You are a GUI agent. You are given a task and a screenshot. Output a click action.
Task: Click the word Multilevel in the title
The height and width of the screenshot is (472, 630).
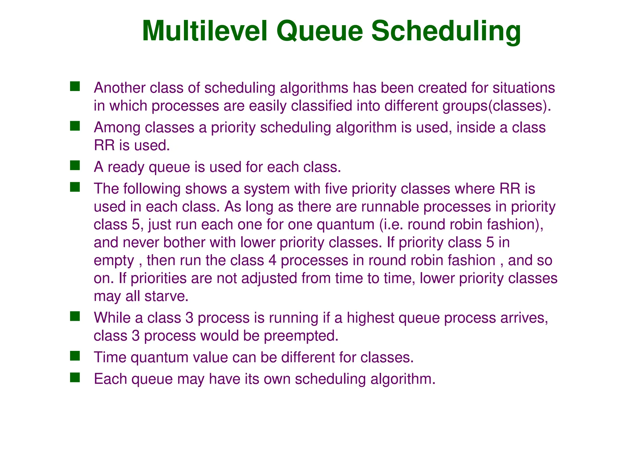click(x=204, y=31)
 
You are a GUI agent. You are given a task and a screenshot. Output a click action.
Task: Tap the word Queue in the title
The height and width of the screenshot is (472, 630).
click(x=319, y=31)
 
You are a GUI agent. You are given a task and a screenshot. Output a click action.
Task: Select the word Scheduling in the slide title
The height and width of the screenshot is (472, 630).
click(x=446, y=31)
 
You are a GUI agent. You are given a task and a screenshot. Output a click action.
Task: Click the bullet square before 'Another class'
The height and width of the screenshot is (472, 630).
click(x=75, y=86)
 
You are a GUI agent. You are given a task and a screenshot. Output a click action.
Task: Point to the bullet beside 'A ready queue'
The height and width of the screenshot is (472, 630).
click(x=75, y=166)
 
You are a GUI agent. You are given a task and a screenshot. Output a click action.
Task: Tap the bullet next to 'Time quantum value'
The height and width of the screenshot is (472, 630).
click(x=75, y=356)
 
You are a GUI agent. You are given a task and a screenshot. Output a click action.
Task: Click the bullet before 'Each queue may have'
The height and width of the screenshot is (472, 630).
click(x=75, y=377)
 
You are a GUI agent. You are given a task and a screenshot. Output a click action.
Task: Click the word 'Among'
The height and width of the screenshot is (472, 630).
click(x=117, y=127)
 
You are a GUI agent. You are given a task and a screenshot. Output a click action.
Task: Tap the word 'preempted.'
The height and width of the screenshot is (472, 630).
click(x=301, y=336)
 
